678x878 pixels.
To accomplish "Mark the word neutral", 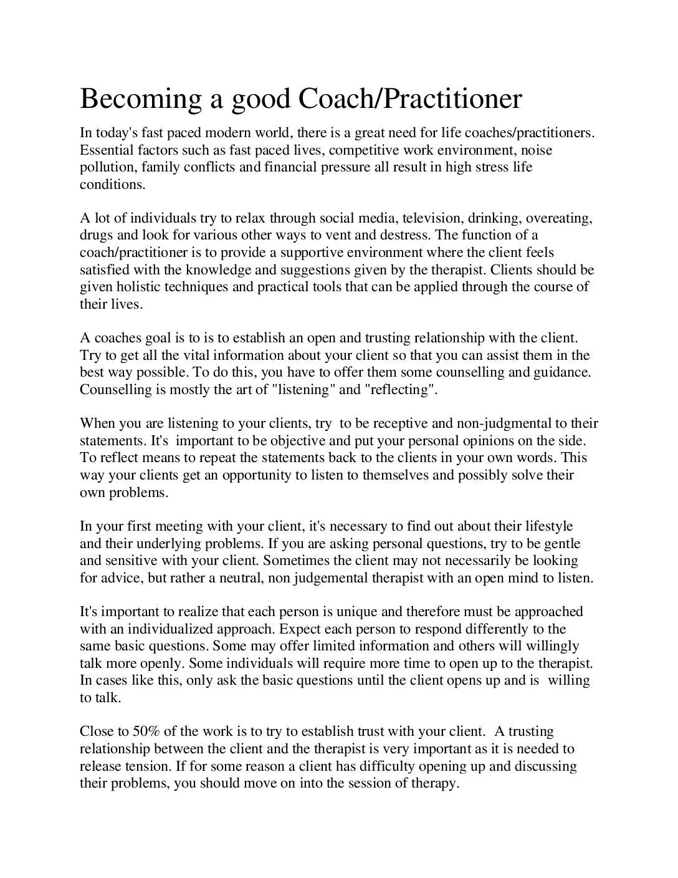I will tap(241, 577).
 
